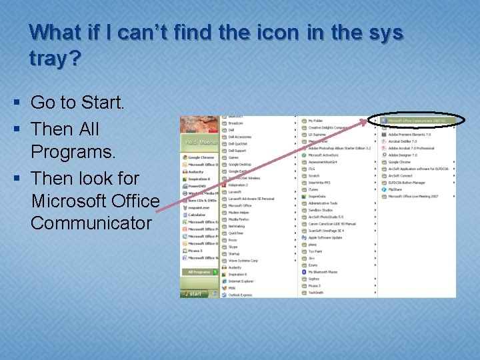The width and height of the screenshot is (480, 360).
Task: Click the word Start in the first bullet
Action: tap(101, 103)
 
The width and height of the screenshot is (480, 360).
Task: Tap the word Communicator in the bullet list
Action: tap(91, 223)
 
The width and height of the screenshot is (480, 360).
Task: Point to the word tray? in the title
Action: tap(55, 59)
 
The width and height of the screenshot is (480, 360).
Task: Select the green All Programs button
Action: tap(199, 272)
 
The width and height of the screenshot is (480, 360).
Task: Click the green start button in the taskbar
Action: tap(193, 293)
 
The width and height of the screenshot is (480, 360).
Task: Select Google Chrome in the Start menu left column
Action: tap(201, 158)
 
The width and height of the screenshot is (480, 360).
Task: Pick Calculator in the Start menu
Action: tap(197, 215)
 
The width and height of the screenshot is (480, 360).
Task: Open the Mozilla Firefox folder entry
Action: tap(239, 219)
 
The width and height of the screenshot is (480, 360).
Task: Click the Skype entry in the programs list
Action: tap(233, 247)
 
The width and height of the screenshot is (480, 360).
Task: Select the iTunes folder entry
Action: tap(313, 189)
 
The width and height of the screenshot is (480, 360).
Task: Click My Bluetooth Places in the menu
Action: tap(323, 272)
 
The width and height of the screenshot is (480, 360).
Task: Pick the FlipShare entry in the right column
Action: tap(395, 189)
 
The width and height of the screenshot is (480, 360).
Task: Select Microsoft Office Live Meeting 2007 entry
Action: tap(413, 197)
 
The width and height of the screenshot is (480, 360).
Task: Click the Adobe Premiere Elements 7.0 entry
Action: tap(409, 135)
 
